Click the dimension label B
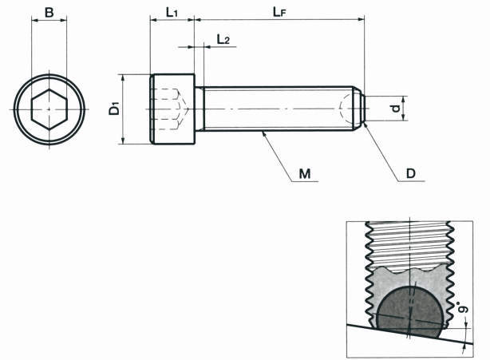(x=49, y=13)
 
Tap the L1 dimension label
(x=172, y=13)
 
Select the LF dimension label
(x=279, y=12)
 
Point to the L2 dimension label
(x=223, y=39)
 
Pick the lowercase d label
(x=397, y=109)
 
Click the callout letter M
(x=305, y=173)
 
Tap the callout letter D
(x=411, y=173)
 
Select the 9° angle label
(x=464, y=307)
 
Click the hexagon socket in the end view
(x=49, y=109)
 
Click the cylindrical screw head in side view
(x=172, y=109)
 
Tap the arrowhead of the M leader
(x=264, y=133)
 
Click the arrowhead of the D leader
(x=366, y=125)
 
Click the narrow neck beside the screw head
(x=200, y=109)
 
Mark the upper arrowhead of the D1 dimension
(x=123, y=77)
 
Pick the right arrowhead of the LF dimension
(x=361, y=19)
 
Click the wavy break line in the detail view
(x=409, y=269)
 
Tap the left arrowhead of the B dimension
(x=34, y=21)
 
